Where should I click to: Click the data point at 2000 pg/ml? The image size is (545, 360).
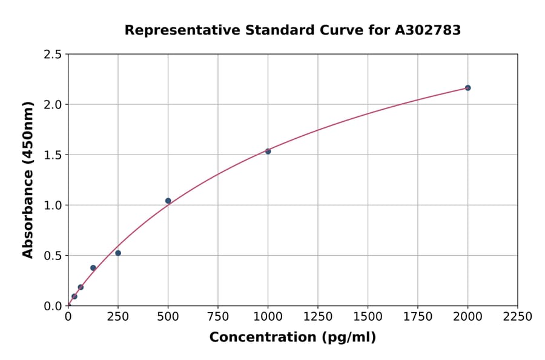[x=467, y=88]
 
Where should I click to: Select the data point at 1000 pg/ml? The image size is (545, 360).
[x=268, y=151]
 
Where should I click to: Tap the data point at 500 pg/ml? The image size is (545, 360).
[x=168, y=201]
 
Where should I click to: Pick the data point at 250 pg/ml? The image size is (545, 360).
[x=118, y=253]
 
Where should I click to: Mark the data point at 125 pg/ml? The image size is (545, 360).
[x=93, y=268]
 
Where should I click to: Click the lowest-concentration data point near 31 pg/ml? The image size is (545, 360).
[x=74, y=296]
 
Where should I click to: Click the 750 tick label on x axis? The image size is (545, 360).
[x=218, y=317]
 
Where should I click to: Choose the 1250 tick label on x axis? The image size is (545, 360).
[x=318, y=317]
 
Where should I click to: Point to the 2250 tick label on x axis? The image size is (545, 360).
[x=517, y=317]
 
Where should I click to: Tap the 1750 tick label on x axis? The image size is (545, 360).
[x=417, y=317]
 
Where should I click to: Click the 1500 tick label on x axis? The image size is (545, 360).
[x=368, y=317]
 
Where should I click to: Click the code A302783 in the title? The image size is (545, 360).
[x=428, y=30]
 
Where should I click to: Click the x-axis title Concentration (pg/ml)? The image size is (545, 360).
[x=292, y=338]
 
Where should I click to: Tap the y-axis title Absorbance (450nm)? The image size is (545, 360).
[x=28, y=179]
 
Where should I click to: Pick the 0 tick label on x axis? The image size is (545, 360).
[x=68, y=317]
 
